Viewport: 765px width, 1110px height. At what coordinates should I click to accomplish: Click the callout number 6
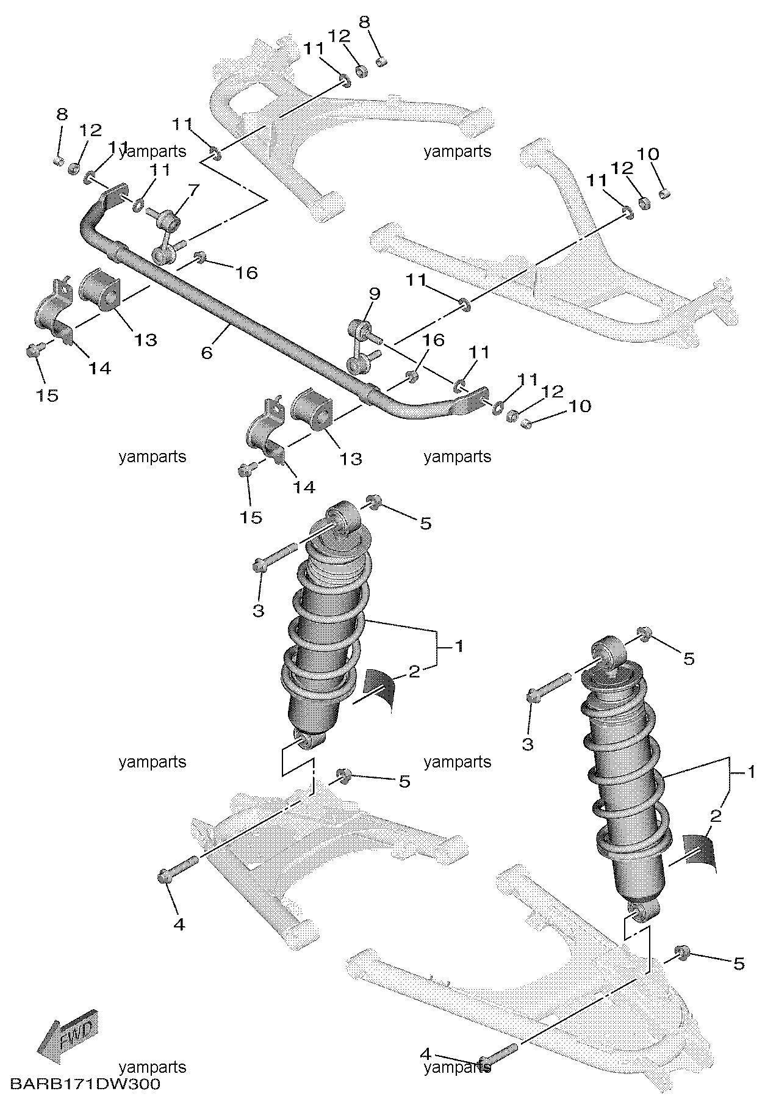207,352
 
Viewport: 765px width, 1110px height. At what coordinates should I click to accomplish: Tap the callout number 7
193,190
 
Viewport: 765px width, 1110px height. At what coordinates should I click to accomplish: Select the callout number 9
374,294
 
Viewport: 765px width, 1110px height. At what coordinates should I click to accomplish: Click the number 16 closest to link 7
246,272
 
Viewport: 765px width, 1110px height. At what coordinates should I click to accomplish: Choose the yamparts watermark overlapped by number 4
458,1084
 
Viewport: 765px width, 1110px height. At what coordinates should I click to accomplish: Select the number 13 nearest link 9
351,459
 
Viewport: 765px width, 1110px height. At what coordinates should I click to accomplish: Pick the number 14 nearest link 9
304,487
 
